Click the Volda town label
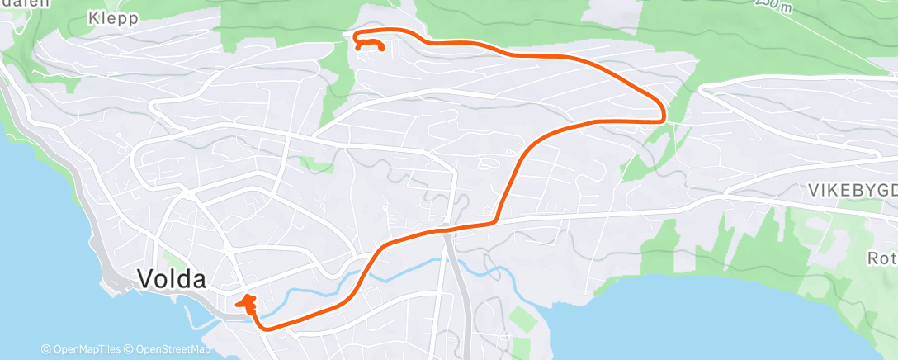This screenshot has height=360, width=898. [x=172, y=279]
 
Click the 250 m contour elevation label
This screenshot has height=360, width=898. [x=777, y=6]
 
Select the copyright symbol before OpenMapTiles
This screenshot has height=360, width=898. [x=45, y=349]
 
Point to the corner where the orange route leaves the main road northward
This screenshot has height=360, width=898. [x=495, y=220]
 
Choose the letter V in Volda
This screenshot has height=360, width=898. [x=145, y=279]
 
